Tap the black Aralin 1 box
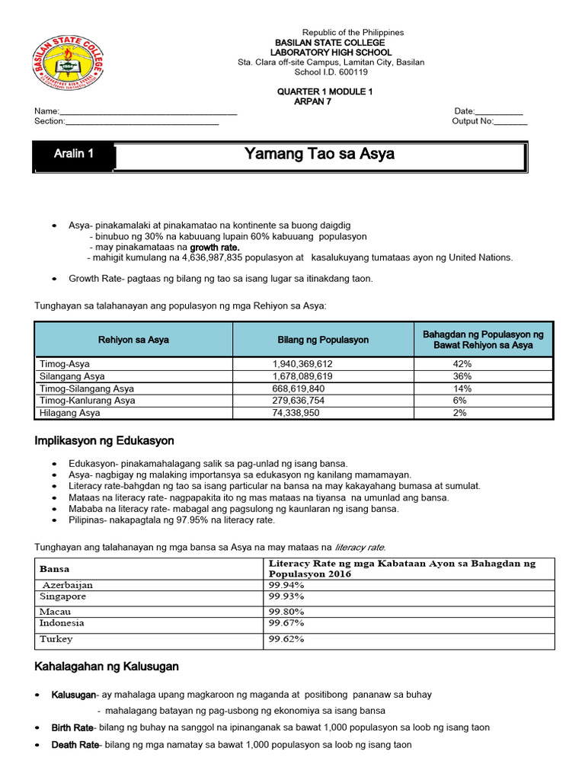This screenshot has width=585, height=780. tap(74, 154)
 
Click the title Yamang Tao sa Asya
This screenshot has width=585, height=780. tap(319, 155)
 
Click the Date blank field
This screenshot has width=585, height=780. tap(498, 111)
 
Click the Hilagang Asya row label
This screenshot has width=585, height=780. tap(69, 413)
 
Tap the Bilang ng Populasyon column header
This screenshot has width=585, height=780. tap(323, 340)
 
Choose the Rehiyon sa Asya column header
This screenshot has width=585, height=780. tap(133, 340)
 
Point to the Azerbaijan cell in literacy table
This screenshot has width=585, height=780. tap(67, 584)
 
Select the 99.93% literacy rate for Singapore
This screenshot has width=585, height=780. tap(286, 596)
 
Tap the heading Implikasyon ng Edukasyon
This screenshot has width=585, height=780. tap(104, 441)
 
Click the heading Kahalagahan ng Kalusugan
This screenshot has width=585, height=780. tap(107, 667)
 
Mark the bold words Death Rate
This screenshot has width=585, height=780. tap(75, 745)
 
